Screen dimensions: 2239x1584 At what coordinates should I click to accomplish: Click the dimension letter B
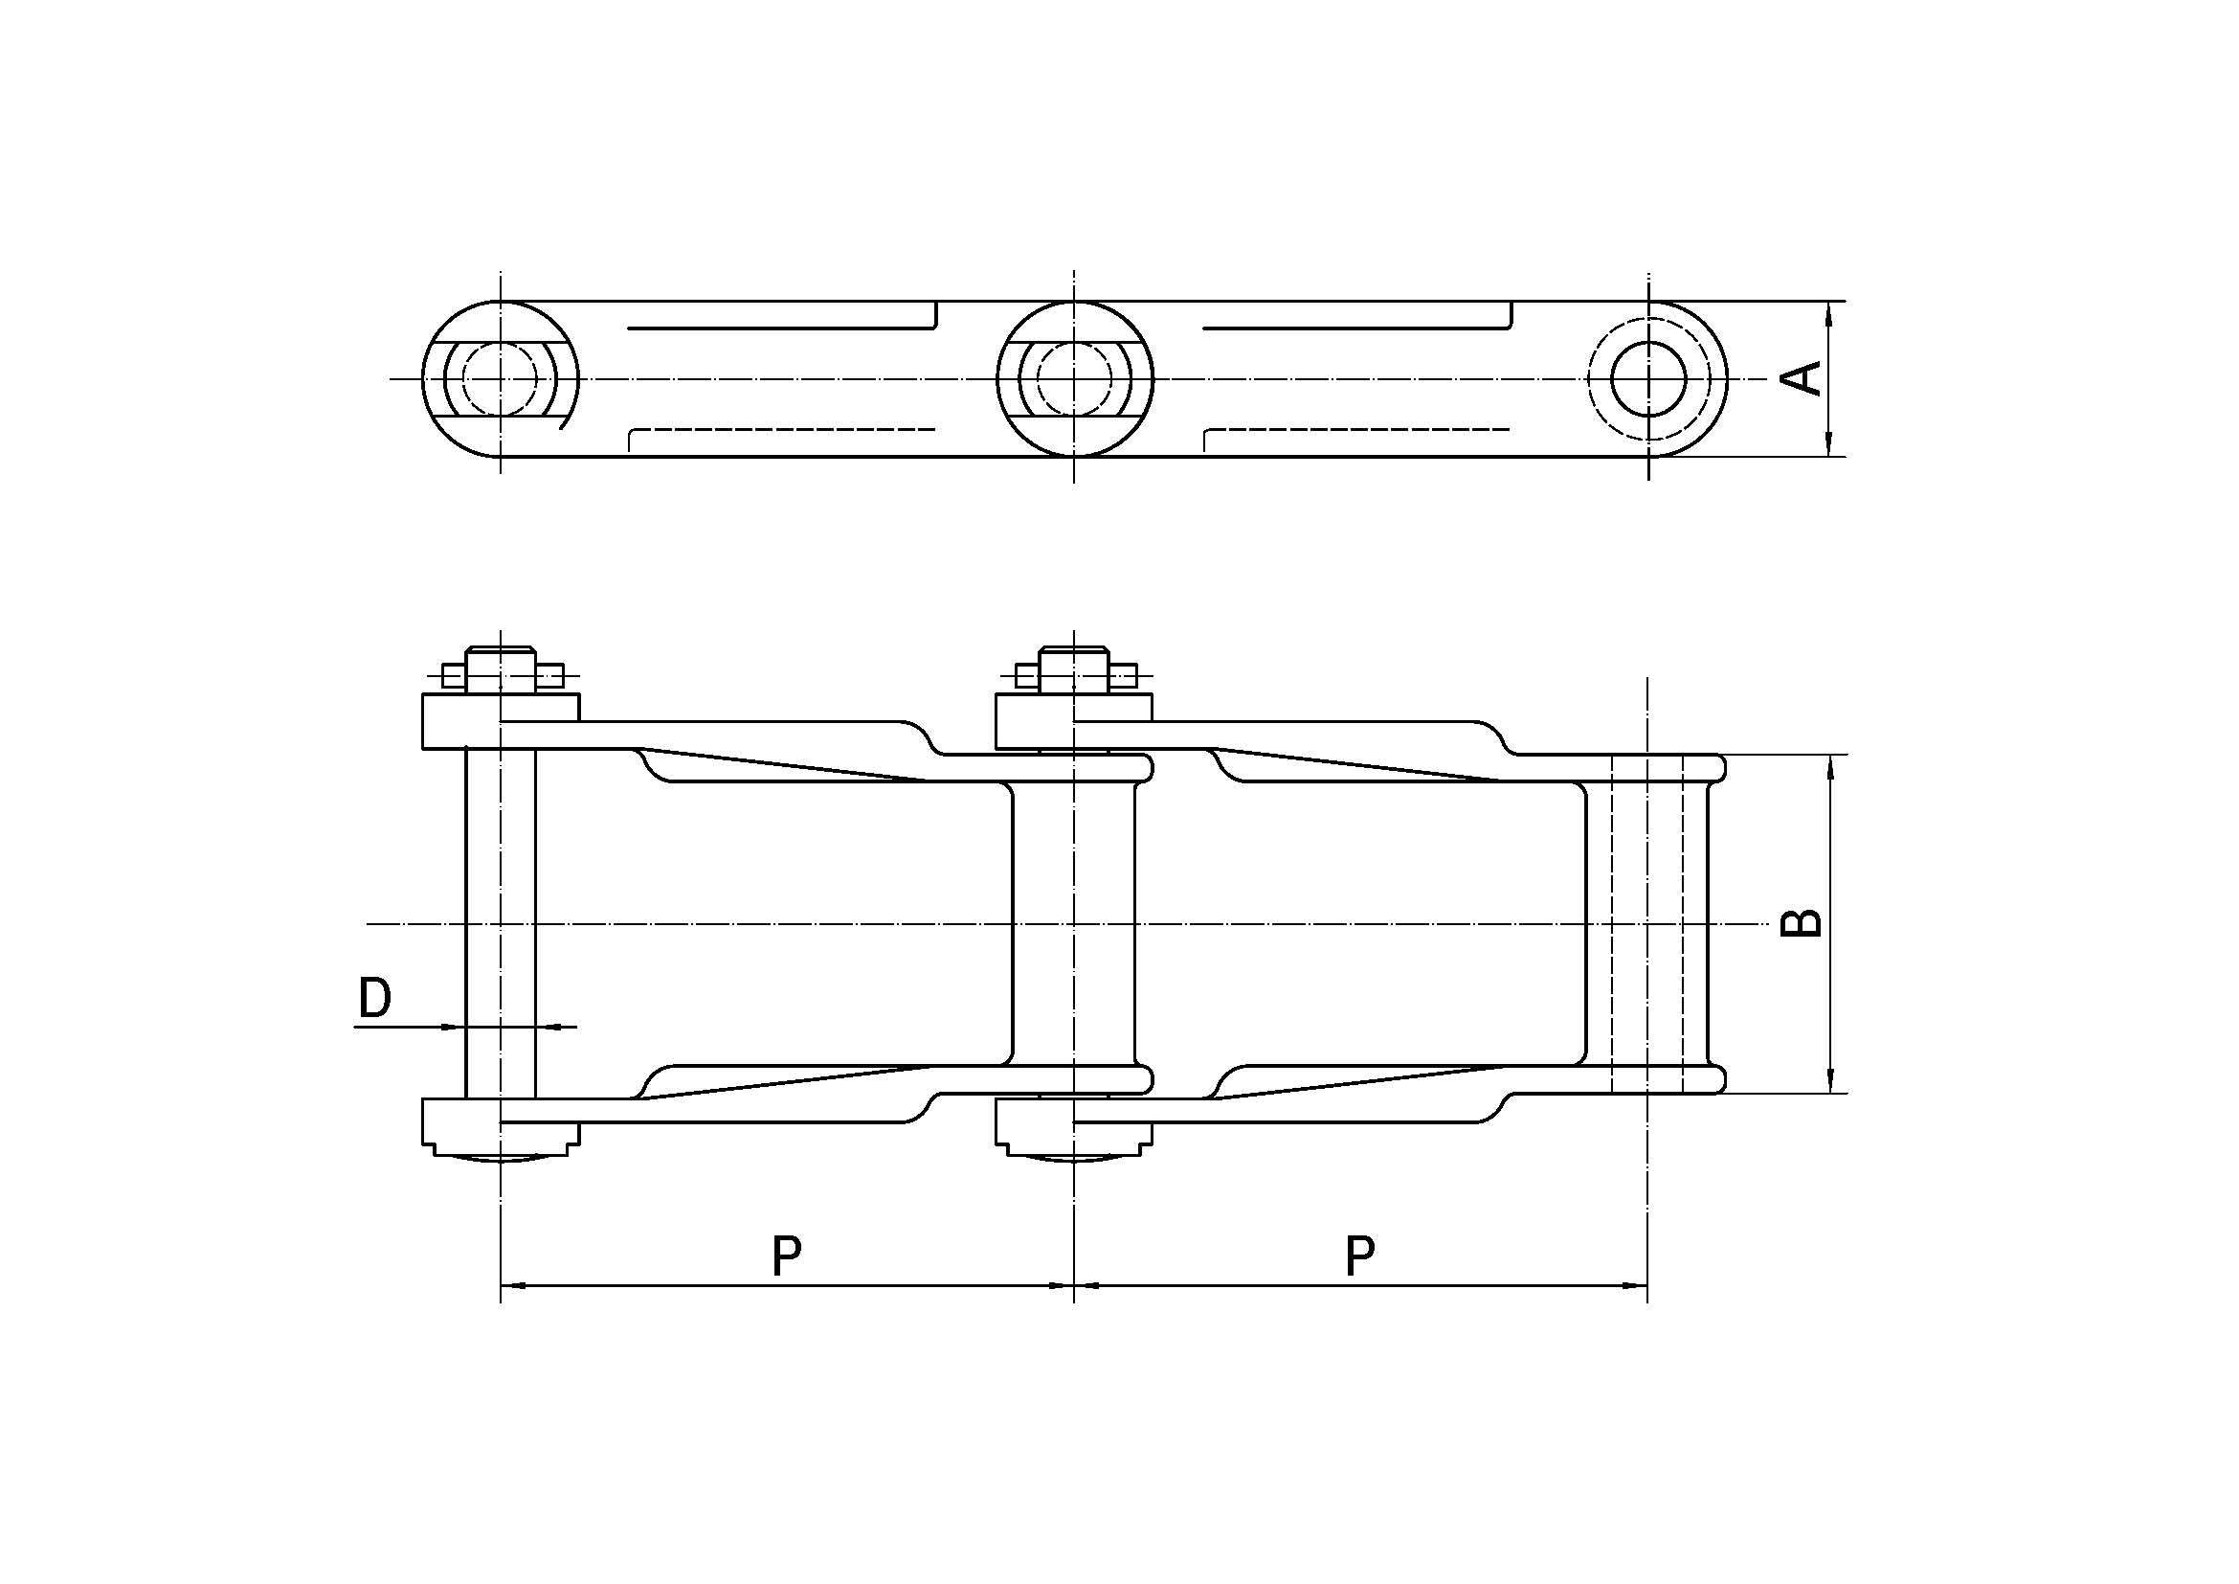(x=1802, y=921)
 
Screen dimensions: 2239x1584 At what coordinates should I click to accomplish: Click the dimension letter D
(x=375, y=999)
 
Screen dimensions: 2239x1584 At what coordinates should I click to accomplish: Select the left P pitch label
(x=786, y=1256)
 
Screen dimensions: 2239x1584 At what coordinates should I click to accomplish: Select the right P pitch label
(x=1359, y=1256)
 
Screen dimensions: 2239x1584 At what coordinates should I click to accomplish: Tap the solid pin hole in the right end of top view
(x=1648, y=378)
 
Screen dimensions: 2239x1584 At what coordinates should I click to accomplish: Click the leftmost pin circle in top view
(x=500, y=378)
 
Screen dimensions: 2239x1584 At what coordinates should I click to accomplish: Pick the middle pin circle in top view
(x=1074, y=378)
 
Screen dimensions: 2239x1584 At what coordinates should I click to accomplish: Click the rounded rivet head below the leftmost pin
(x=501, y=1156)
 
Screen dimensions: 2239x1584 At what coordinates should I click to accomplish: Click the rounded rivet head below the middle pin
(x=1074, y=1156)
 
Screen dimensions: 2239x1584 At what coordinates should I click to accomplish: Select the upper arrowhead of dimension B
(x=1832, y=768)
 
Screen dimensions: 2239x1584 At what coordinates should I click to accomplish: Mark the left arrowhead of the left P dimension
(x=513, y=1286)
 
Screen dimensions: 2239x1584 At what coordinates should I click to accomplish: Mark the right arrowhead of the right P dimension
(x=1634, y=1286)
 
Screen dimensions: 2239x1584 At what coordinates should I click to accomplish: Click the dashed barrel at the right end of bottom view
(x=1647, y=923)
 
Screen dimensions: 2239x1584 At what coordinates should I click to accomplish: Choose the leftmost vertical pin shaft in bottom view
(x=501, y=923)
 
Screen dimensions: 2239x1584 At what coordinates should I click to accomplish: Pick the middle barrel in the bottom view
(x=1074, y=923)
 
